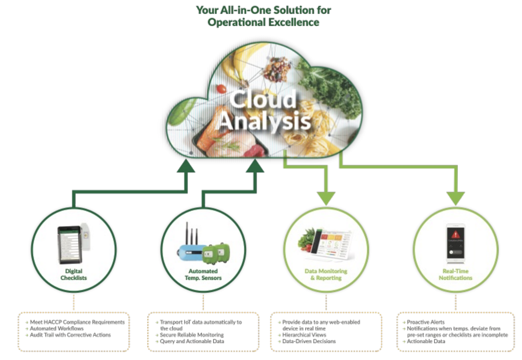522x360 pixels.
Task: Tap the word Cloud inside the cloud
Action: point(263,100)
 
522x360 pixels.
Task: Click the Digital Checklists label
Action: point(74,274)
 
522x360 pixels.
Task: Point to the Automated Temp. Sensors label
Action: point(204,274)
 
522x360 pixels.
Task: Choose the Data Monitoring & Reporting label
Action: point(326,274)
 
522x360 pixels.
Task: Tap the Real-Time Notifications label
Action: point(455,274)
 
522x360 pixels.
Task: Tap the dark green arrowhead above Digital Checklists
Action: point(186,165)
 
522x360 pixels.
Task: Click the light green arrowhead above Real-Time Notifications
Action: point(455,198)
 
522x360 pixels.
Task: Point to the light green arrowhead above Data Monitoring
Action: point(326,198)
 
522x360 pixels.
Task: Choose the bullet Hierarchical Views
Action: point(304,334)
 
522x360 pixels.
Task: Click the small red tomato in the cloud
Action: point(221,89)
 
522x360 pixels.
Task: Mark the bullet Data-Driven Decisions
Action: point(309,341)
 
